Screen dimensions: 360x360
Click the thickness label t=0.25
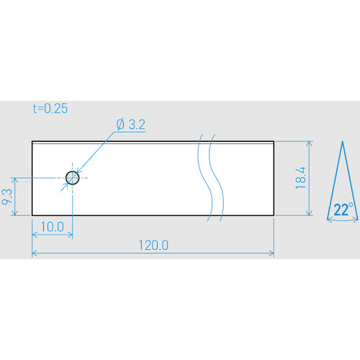(50, 109)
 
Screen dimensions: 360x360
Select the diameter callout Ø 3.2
(131, 125)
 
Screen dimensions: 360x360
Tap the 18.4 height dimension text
(301, 178)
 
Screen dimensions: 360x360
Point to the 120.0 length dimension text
(153, 246)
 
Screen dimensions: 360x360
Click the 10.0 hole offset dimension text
(53, 227)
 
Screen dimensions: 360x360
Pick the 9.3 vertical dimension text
(6, 197)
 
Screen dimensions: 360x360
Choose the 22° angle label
(343, 210)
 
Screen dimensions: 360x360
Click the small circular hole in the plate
(72, 178)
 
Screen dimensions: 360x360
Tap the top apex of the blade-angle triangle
(343, 141)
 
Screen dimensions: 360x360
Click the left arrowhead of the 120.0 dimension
(34, 253)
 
